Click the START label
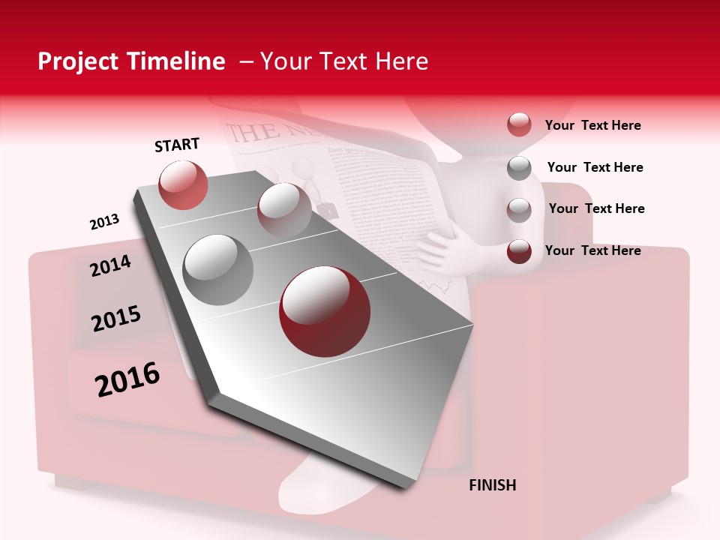[177, 145]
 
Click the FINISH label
[492, 485]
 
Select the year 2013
[104, 222]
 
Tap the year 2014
[110, 265]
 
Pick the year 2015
[116, 319]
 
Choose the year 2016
[127, 379]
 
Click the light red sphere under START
[184, 184]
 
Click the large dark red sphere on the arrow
[325, 311]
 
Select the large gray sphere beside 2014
[218, 269]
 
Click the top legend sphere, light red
[519, 124]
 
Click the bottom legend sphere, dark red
[519, 251]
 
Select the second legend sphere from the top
[519, 168]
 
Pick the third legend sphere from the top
[519, 209]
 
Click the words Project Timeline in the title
[131, 61]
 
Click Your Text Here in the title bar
[344, 61]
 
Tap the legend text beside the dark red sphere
[592, 250]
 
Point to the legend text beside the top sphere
[592, 125]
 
